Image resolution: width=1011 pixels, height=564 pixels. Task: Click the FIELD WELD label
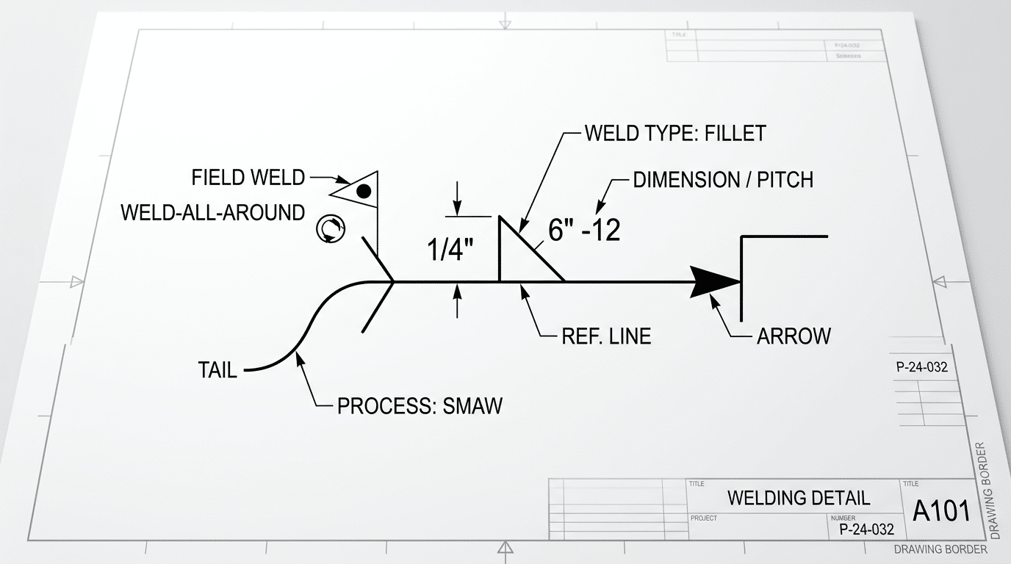coord(248,177)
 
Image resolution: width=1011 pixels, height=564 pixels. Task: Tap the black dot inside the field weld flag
coord(363,192)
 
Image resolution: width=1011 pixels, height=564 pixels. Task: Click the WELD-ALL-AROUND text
coord(212,213)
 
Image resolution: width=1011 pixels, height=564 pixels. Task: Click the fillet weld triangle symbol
coord(524,254)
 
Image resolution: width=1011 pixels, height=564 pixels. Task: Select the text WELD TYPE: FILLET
coord(674,133)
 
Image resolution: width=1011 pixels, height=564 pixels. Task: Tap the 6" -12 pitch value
coord(584,231)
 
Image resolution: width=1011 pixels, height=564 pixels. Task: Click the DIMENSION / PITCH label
coord(723,180)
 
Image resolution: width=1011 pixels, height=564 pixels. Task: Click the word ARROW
coord(794,336)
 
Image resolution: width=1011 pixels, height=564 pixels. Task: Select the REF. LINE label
coord(606,336)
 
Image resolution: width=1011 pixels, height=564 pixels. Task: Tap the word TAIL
coord(217,370)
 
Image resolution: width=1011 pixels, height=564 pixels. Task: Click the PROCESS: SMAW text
coord(420,406)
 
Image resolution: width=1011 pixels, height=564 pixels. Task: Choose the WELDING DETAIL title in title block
coord(799,498)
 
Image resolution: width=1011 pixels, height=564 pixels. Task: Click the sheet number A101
coord(941,511)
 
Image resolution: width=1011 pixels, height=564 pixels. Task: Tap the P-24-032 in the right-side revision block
coord(922,368)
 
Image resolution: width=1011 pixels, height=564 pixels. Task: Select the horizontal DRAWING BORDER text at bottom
coord(940,549)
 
